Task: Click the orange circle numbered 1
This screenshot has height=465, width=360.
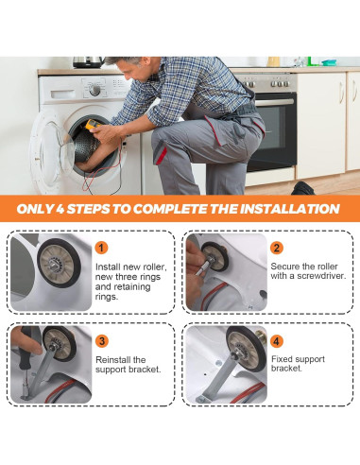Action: [x=101, y=248]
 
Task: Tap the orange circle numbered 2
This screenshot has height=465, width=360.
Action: [x=277, y=248]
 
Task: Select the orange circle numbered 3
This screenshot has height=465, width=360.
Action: [x=102, y=341]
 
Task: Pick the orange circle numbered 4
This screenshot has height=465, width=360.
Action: [x=277, y=341]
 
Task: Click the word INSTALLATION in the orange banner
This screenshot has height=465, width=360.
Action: [x=290, y=209]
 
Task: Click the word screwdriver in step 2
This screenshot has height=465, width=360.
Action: [x=315, y=276]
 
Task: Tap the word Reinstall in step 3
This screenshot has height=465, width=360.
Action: [x=112, y=359]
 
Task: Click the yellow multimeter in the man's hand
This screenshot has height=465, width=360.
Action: [x=94, y=125]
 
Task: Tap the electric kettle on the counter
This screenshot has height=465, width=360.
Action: [x=88, y=62]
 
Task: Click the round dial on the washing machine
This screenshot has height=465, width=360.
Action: [x=94, y=91]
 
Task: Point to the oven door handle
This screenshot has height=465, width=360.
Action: [x=275, y=102]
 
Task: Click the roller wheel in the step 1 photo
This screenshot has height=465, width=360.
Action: [x=59, y=264]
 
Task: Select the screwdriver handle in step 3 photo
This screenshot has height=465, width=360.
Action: [x=25, y=350]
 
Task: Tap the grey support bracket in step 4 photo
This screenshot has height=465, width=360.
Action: [x=218, y=379]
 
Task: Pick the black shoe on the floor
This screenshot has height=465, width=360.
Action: [x=302, y=188]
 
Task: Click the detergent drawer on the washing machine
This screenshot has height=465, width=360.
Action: [x=62, y=95]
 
